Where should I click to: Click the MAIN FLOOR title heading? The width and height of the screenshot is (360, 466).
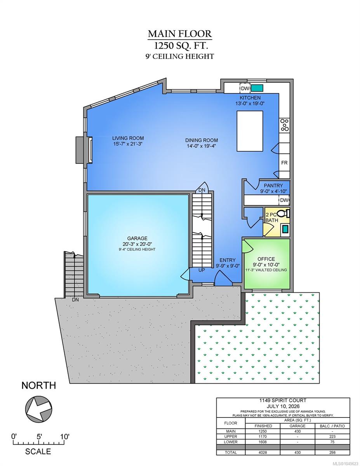click(180, 34)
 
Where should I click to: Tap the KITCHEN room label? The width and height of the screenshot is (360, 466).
click(250, 98)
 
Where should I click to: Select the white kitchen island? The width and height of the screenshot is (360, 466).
click(250, 131)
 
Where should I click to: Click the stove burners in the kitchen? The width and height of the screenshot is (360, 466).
click(285, 125)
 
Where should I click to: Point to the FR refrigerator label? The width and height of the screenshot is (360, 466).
click(284, 163)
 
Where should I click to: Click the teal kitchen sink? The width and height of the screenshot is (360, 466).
click(257, 88)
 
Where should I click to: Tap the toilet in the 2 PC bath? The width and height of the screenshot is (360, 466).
click(283, 214)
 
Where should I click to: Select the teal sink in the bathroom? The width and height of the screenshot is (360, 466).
click(285, 229)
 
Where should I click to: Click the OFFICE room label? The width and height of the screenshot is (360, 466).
click(266, 259)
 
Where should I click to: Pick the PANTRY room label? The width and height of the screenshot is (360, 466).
click(273, 185)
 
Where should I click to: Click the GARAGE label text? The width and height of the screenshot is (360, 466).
click(137, 238)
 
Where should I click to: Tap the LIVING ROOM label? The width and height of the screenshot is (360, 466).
click(128, 138)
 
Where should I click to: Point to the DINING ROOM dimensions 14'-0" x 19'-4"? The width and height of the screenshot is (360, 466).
click(201, 146)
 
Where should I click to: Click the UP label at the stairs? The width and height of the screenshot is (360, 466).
click(202, 270)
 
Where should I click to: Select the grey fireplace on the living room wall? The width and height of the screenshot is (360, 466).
click(81, 150)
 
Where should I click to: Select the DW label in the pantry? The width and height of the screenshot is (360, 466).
click(284, 200)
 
